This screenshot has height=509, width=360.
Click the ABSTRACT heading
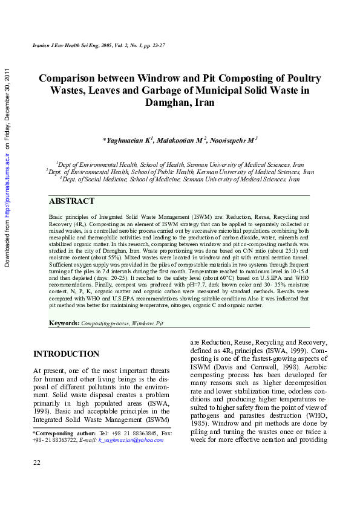click(x=71, y=201)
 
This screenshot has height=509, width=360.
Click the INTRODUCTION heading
click(x=66, y=354)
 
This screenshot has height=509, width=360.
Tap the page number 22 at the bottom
click(x=37, y=462)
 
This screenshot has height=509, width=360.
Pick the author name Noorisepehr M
click(x=233, y=140)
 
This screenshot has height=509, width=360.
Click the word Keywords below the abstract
click(x=64, y=324)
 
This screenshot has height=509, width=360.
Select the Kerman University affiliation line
click(x=180, y=172)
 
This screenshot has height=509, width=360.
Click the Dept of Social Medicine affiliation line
click(x=180, y=180)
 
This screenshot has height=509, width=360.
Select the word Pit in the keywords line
click(x=160, y=324)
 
